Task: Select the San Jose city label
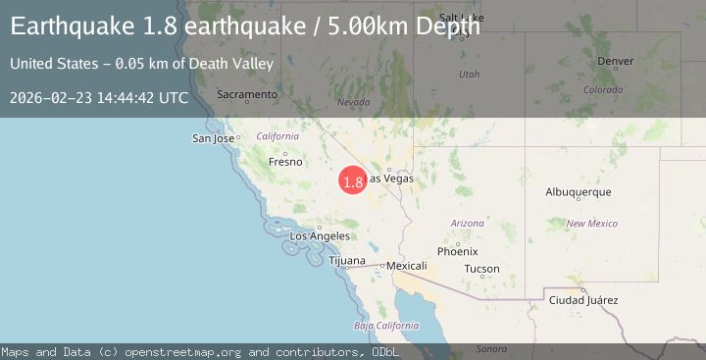pyautogui.click(x=213, y=138)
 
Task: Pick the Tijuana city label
pyautogui.click(x=346, y=261)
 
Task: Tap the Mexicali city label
pyautogui.click(x=407, y=266)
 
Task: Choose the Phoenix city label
pyautogui.click(x=457, y=251)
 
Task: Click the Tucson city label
pyautogui.click(x=481, y=269)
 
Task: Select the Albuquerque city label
pyautogui.click(x=579, y=192)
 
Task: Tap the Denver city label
pyautogui.click(x=615, y=61)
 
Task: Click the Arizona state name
pyautogui.click(x=468, y=224)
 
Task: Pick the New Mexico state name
pyautogui.click(x=591, y=224)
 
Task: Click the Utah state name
pyautogui.click(x=470, y=74)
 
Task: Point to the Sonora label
pyautogui.click(x=491, y=348)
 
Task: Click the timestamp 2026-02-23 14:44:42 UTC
pyautogui.click(x=99, y=98)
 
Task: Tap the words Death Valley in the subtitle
pyautogui.click(x=232, y=64)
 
